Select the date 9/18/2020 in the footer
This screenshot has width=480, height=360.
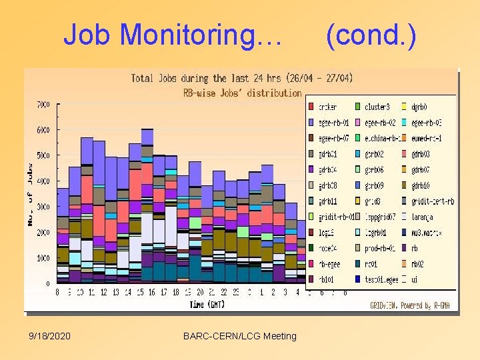pyautogui.click(x=50, y=336)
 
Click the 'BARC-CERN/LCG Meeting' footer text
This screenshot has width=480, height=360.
pyautogui.click(x=239, y=336)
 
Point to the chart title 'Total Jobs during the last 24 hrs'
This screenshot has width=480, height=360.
pyautogui.click(x=241, y=79)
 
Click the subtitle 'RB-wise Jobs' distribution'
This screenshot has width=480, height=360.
pyautogui.click(x=243, y=93)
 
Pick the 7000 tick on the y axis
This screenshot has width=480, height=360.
pyautogui.click(x=42, y=105)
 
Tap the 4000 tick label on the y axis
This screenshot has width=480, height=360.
pyautogui.click(x=42, y=181)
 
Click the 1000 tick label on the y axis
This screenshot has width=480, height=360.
pyautogui.click(x=42, y=258)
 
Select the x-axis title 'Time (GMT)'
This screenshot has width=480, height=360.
pyautogui.click(x=207, y=305)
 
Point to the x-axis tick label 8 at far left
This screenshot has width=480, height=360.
pyautogui.click(x=57, y=292)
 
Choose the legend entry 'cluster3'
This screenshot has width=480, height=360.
pyautogui.click(x=376, y=107)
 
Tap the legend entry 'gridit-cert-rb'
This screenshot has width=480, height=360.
pyautogui.click(x=433, y=201)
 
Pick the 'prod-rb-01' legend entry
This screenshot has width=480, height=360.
pyautogui.click(x=380, y=248)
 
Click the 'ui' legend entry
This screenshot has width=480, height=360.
pyautogui.click(x=415, y=279)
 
